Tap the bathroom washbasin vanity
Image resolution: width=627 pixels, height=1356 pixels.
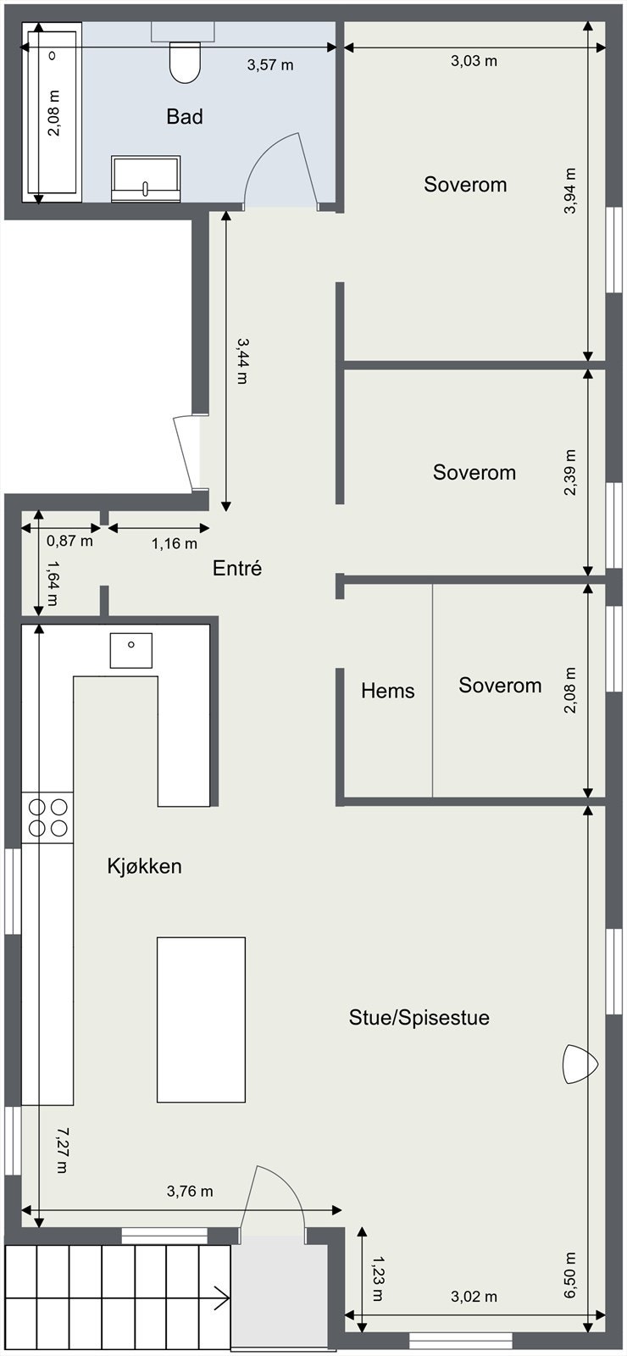(x=146, y=178)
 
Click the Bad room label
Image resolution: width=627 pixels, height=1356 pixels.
(x=184, y=117)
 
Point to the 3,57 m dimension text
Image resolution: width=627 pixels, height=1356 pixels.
(x=270, y=64)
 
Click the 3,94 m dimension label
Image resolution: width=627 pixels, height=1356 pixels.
(x=570, y=191)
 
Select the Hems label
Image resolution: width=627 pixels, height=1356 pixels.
(x=387, y=691)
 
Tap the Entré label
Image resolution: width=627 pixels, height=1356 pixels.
(x=237, y=569)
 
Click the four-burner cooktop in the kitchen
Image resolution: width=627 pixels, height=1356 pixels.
(x=47, y=818)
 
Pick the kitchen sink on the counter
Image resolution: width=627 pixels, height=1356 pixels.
(x=131, y=651)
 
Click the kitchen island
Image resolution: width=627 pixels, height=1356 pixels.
(x=201, y=1019)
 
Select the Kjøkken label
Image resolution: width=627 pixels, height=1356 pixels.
(x=144, y=866)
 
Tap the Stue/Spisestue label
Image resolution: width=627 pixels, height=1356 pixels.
(x=419, y=1018)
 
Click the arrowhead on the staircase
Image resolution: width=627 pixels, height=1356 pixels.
(x=222, y=1298)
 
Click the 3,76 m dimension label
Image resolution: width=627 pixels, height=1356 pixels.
(x=190, y=1191)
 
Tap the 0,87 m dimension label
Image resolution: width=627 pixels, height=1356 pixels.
(x=69, y=541)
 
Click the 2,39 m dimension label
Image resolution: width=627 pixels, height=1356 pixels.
(x=570, y=472)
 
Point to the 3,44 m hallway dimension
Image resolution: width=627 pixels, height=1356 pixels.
(x=241, y=360)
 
